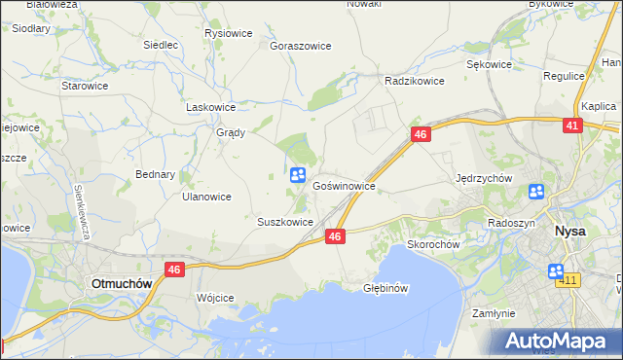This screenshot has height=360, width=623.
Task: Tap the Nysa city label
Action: [569, 232]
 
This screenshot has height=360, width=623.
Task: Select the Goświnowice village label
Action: [344, 184]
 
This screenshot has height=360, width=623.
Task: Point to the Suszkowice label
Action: [285, 222]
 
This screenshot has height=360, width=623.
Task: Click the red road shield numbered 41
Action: [572, 126]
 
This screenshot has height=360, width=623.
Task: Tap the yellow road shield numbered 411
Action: [568, 281]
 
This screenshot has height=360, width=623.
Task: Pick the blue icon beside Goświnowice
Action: [298, 175]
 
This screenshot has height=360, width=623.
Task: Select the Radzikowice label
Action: [415, 82]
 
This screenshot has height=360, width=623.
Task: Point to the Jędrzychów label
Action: [484, 179]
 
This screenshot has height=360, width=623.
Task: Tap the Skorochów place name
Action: [433, 245]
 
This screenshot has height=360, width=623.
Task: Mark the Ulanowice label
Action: [206, 197]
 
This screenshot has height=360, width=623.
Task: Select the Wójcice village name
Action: [215, 298]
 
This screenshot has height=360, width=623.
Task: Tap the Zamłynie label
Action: [493, 314]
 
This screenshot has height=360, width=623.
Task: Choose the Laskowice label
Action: [211, 108]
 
